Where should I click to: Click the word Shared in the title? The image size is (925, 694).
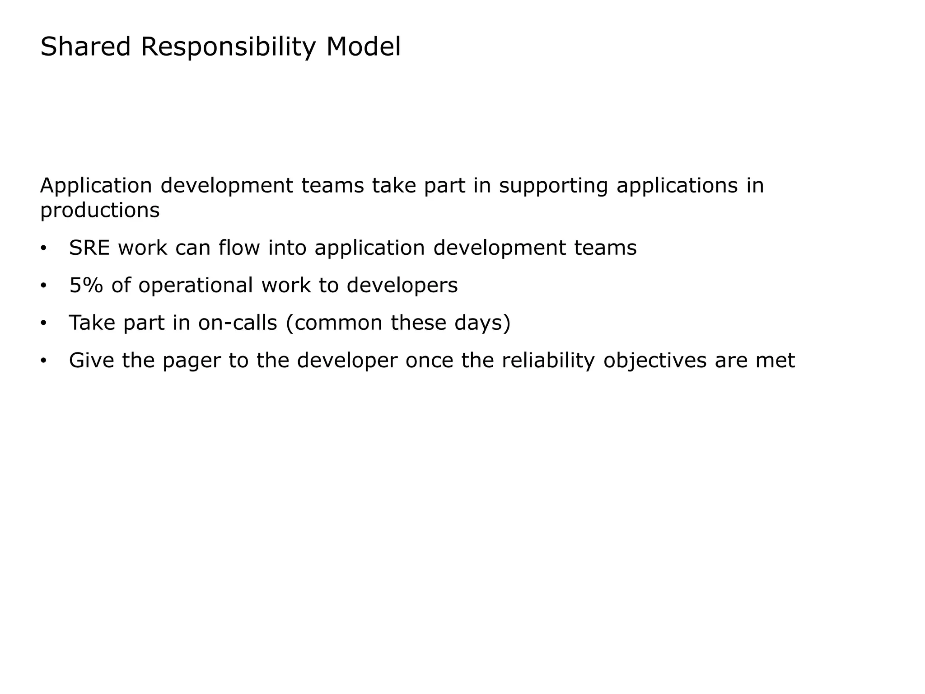tap(85, 47)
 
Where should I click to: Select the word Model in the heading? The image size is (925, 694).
tap(363, 47)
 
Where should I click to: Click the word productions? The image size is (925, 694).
tap(100, 211)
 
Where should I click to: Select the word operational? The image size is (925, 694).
tap(196, 286)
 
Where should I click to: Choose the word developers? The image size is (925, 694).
tap(402, 286)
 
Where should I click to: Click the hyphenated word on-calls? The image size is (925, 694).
tap(237, 323)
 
